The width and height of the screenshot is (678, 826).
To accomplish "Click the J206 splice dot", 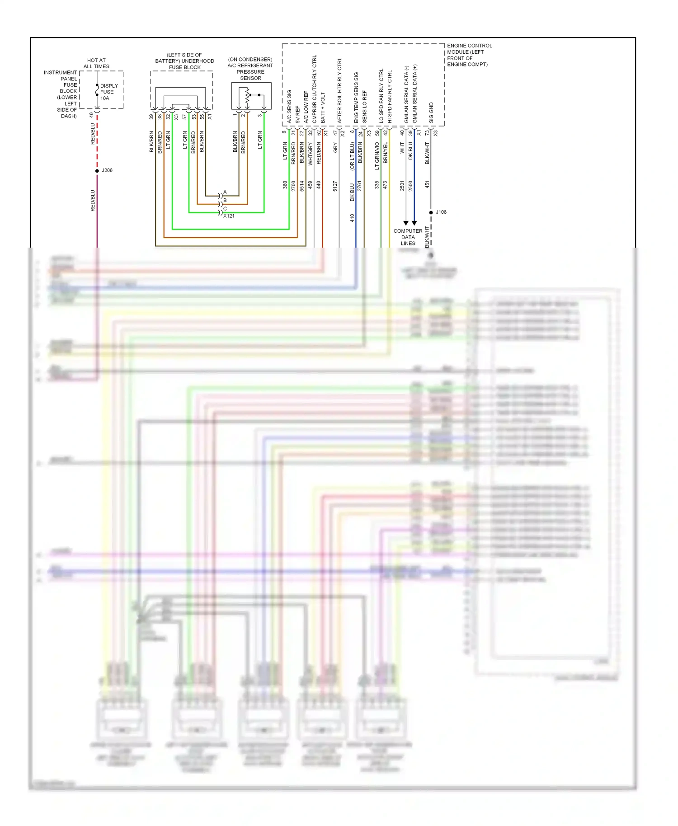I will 97,171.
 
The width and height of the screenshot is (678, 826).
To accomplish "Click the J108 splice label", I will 441,212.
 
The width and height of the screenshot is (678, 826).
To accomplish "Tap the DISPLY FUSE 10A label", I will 108,92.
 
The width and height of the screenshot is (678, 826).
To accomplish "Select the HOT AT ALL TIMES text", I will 96,63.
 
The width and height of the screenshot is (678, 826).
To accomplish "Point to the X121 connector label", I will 229,216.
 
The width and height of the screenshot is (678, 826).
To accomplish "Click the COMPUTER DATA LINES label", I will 408,237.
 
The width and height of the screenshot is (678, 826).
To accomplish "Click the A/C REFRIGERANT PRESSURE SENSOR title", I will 250,69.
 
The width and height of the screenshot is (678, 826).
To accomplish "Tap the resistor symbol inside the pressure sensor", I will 247,95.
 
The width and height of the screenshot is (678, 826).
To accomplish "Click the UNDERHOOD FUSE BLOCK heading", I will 184,61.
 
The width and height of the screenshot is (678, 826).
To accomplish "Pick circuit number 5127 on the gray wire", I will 335,186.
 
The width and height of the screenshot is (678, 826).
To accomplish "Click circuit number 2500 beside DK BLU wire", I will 410,186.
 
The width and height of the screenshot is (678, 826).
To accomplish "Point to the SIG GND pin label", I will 431,113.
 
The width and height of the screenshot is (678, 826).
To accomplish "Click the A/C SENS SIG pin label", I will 289,107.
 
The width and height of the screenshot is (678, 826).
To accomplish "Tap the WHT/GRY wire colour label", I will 310,154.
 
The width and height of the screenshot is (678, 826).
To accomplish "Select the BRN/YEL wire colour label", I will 385,153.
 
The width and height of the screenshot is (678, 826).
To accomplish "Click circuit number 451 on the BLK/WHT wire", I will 427,184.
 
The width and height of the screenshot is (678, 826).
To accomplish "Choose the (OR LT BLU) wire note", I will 352,156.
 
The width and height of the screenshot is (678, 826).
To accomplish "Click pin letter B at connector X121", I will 225,200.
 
